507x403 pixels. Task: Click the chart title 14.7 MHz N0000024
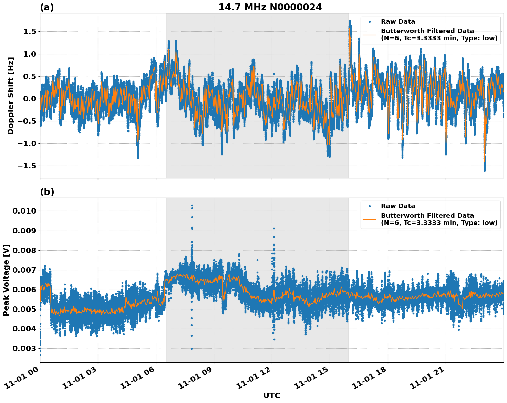(x=270, y=7)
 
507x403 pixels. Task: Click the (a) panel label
(x=47, y=7)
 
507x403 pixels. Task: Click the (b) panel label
(x=47, y=192)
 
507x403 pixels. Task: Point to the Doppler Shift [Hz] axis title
(x=11, y=96)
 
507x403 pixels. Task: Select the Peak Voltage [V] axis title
(x=6, y=280)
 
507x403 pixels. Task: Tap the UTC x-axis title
(x=271, y=395)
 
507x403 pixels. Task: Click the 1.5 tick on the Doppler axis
(x=30, y=32)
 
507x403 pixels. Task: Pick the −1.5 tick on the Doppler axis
(x=27, y=166)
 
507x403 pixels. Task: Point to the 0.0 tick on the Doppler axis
(x=30, y=99)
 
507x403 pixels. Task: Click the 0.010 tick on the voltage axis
(x=24, y=211)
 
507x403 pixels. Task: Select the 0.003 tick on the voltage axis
(x=24, y=349)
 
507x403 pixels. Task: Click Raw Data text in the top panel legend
(x=398, y=22)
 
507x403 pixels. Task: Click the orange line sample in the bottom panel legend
(x=369, y=219)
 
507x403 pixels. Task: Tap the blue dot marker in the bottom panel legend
(x=369, y=206)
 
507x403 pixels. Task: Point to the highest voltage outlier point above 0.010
(x=192, y=206)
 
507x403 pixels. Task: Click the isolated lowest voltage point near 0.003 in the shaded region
(x=192, y=349)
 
